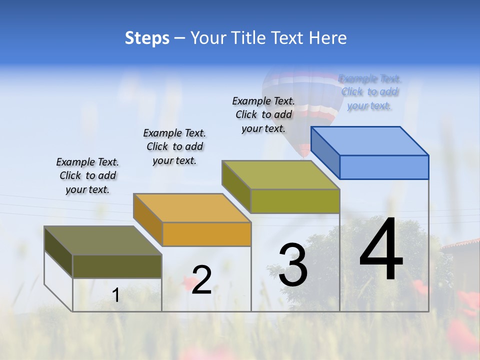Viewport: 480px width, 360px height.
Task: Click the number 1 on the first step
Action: click(116, 295)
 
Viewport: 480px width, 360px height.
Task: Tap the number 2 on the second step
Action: click(201, 280)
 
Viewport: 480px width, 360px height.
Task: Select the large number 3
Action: click(293, 265)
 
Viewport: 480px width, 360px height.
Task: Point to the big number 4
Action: click(381, 249)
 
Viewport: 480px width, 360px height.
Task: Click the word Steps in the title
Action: click(147, 38)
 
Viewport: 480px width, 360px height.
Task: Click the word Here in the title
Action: click(328, 38)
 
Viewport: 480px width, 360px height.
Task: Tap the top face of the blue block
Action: click(370, 141)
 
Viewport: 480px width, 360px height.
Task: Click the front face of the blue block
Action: click(384, 167)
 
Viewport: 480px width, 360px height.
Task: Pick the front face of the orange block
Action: click(206, 234)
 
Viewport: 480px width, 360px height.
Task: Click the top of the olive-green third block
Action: click(281, 175)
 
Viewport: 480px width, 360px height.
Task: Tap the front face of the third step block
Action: click(295, 201)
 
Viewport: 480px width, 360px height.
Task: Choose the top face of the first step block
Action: click(103, 240)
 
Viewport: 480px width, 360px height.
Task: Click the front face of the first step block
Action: click(117, 266)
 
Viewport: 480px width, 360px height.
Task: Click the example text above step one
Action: click(87, 175)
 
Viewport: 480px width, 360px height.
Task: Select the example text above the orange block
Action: click(174, 146)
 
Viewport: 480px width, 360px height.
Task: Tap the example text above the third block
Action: click(263, 114)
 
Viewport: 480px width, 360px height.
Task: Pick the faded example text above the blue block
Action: click(370, 92)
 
